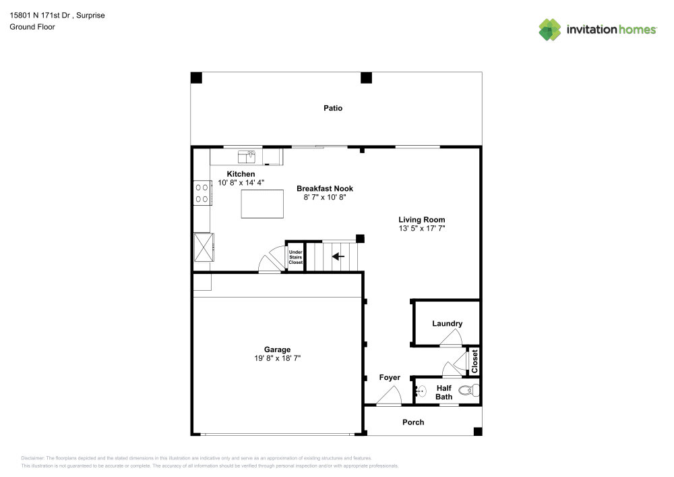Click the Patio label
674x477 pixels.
(x=333, y=108)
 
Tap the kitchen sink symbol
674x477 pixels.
(x=246, y=157)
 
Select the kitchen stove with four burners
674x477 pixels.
(x=202, y=193)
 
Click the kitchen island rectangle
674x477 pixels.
(x=262, y=204)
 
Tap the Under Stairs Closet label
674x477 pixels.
(x=296, y=257)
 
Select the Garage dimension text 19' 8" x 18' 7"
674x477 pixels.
(x=277, y=359)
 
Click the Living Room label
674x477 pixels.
(x=421, y=219)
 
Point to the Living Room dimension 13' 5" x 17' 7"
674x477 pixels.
(x=421, y=229)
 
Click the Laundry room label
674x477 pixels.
(x=447, y=324)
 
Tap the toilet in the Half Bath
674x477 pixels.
(x=468, y=390)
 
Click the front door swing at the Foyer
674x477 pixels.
(x=390, y=397)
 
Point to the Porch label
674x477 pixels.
(x=413, y=422)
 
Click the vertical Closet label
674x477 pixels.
(x=474, y=361)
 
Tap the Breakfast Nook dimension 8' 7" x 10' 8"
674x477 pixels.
(x=325, y=198)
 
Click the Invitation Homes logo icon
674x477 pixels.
(x=549, y=29)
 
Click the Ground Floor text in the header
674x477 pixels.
(x=32, y=27)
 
